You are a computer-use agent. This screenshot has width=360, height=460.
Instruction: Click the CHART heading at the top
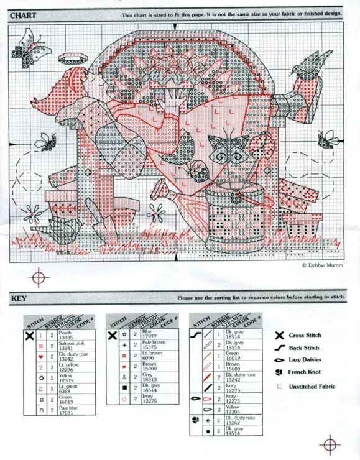[x=22, y=14]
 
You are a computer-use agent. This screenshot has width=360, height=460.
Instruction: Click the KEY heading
[x=18, y=298]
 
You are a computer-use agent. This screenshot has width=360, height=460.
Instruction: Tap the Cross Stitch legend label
[x=303, y=336]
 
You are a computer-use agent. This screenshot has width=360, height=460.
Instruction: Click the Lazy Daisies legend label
[x=304, y=360]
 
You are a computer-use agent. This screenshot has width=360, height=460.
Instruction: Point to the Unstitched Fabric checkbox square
[x=280, y=386]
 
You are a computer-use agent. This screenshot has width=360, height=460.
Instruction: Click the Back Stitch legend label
[x=303, y=348]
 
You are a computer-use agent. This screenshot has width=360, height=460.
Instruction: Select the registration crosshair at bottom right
[x=328, y=444]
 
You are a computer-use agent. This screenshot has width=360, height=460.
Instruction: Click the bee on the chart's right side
[x=328, y=139]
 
